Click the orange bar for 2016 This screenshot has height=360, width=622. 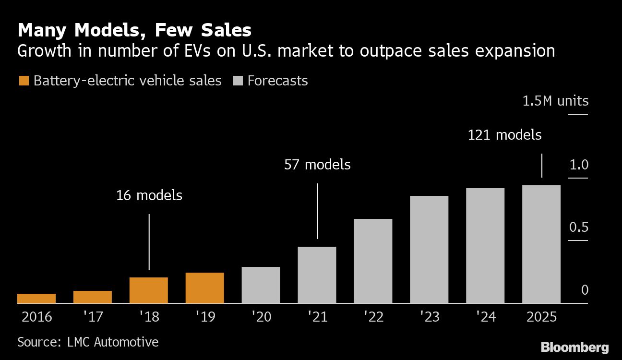36,299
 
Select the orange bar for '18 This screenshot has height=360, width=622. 149,290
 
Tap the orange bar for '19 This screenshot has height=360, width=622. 205,288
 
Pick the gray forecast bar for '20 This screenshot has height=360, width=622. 261,285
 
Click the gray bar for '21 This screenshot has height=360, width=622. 317,275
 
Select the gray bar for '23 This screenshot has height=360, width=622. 429,250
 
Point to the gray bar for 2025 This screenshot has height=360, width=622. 541,244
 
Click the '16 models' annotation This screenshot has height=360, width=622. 149,195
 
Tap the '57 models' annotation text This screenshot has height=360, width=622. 317,165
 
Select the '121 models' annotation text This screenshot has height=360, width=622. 504,135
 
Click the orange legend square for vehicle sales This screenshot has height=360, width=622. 24,81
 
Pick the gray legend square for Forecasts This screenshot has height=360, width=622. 238,81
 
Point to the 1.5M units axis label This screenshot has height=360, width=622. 555,101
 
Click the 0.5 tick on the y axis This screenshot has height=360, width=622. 578,227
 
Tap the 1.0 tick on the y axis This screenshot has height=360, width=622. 578,165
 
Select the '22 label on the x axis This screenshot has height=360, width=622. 373,317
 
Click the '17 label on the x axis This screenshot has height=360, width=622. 93,317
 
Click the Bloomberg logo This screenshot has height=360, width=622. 574,348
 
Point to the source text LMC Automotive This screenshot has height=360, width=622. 88,342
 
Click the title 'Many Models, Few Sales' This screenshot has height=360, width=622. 134,30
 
